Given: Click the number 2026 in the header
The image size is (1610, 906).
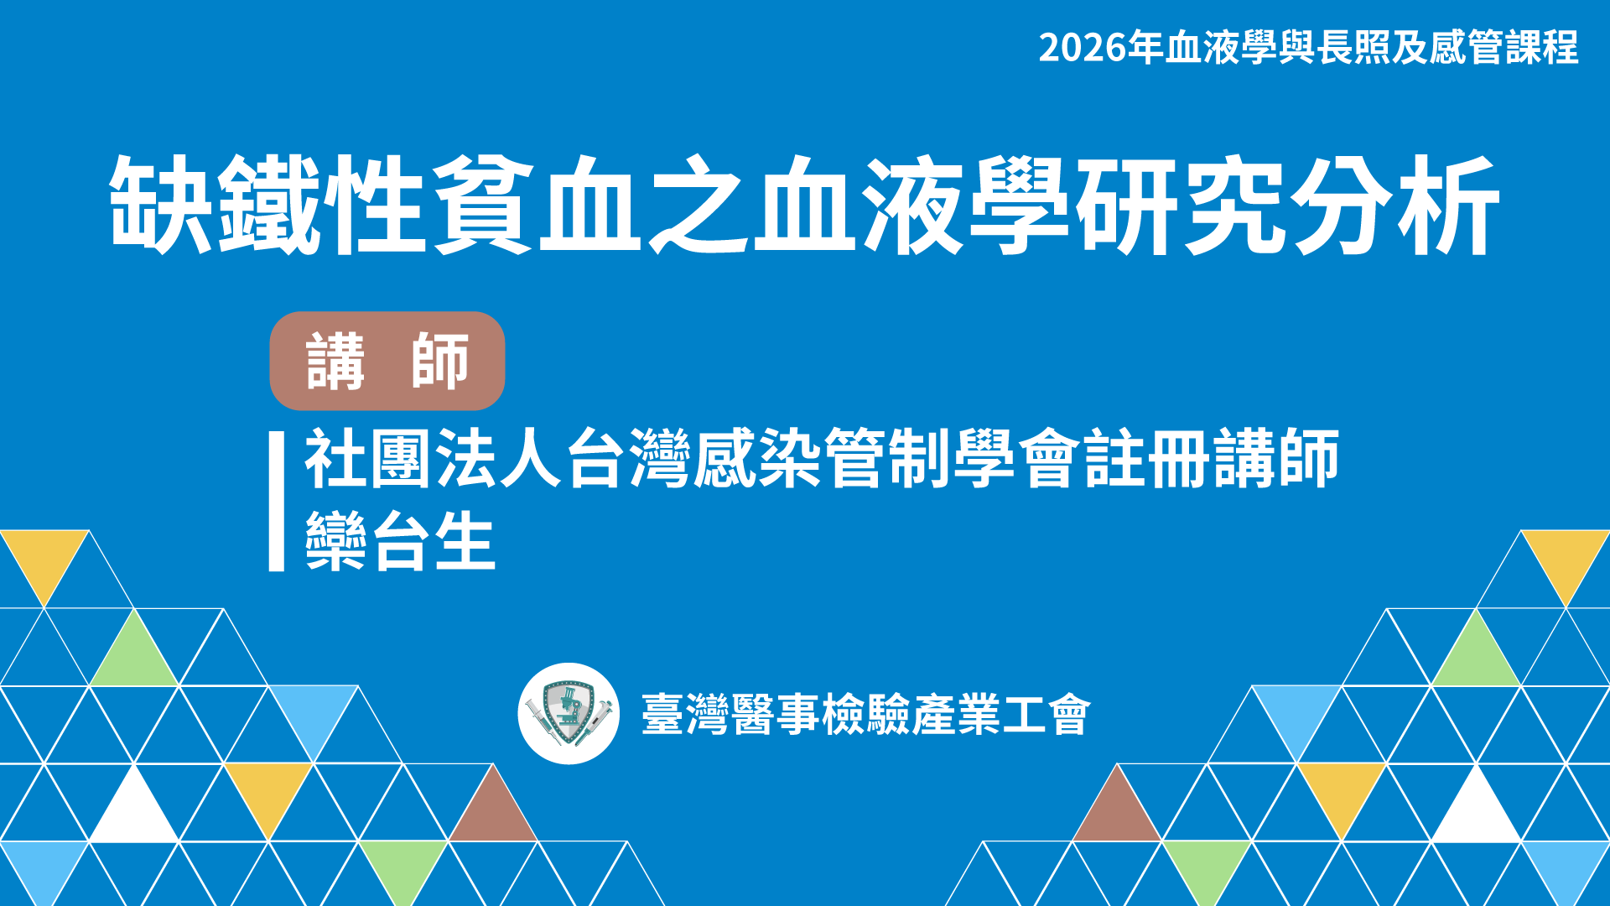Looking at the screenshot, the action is [1083, 48].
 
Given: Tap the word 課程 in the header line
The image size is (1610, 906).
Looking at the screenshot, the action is [1541, 47].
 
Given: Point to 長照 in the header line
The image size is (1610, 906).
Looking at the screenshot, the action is [1353, 47].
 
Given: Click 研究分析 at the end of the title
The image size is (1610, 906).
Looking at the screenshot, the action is [1287, 205].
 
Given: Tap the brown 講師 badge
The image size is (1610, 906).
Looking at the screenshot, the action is [387, 361].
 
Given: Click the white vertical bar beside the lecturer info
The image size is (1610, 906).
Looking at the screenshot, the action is [277, 502].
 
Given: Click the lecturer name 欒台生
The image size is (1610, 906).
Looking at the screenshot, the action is [400, 541].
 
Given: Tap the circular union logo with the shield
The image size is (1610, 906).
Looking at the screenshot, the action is [569, 714].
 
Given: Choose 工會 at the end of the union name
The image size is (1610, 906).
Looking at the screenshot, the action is [1047, 715].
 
